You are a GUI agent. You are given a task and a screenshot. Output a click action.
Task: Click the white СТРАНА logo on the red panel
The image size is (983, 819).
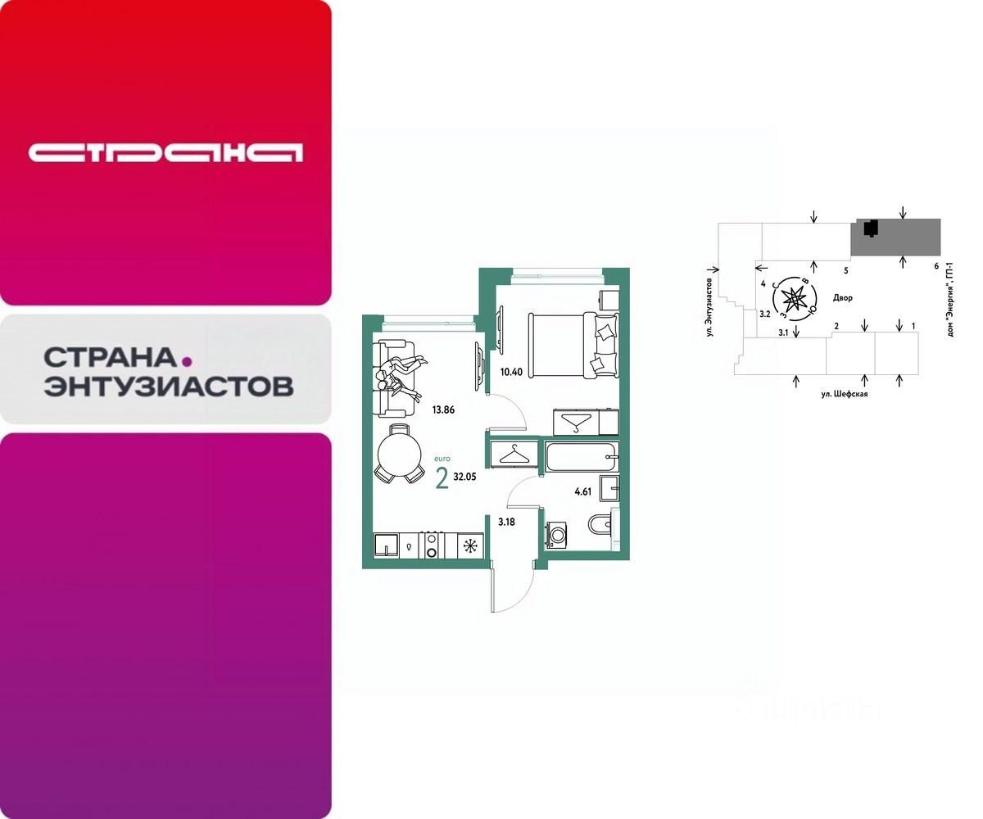[x=165, y=152]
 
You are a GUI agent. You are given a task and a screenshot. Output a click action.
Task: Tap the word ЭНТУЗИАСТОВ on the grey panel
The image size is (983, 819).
[x=168, y=386]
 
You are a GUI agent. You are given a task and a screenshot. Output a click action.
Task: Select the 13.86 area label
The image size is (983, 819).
[x=442, y=410]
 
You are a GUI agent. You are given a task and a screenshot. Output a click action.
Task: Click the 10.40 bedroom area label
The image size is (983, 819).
[x=510, y=372]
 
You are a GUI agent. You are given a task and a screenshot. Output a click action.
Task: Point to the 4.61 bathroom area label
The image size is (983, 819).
[x=583, y=492]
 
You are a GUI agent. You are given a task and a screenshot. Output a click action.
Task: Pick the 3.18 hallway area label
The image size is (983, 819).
[x=506, y=521]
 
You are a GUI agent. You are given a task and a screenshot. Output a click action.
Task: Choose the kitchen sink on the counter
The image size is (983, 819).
[x=386, y=545]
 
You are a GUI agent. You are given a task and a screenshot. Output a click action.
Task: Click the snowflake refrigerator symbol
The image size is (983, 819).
[x=469, y=545]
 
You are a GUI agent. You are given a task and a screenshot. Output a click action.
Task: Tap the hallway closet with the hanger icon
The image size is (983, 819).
[x=514, y=455]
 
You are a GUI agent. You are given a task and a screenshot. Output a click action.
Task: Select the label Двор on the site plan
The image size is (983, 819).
[x=842, y=298]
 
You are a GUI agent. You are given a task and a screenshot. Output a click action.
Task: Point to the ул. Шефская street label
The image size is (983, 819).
[x=844, y=394]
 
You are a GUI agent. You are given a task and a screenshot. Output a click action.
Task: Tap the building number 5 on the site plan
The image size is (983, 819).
[x=845, y=269]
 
